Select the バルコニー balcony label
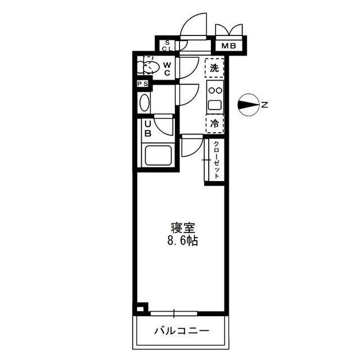tap(181, 330)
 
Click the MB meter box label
tap(228, 46)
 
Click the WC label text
tap(167, 69)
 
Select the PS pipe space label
tap(143, 84)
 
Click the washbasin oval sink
tap(145, 103)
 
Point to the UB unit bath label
tap(147, 129)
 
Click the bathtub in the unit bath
tap(157, 155)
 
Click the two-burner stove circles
tap(214, 89)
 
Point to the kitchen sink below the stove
tap(214, 104)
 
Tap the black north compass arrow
tap(247, 104)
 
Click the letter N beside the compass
tap(264, 104)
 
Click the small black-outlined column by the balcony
tap(141, 308)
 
